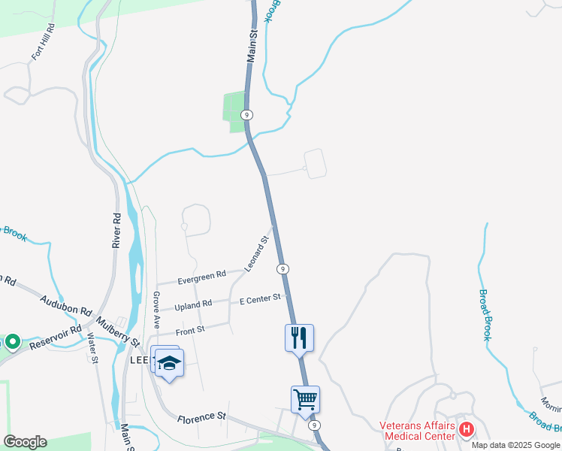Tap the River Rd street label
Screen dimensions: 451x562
tap(117, 230)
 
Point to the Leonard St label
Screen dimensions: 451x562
tap(257, 254)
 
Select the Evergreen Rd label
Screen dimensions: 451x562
tap(201, 277)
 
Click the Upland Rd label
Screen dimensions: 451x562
tap(193, 305)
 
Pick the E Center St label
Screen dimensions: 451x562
tap(259, 299)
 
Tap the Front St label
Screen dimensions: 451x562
tap(190, 330)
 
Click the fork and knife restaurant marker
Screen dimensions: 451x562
tap(299, 337)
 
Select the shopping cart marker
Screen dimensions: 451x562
tap(305, 398)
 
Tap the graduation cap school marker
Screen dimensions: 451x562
tap(170, 363)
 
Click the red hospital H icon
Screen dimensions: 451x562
tap(467, 429)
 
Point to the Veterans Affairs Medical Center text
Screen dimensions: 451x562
tap(418, 430)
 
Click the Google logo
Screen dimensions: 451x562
tap(25, 441)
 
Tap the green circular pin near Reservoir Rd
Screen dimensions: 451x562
tap(13, 342)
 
